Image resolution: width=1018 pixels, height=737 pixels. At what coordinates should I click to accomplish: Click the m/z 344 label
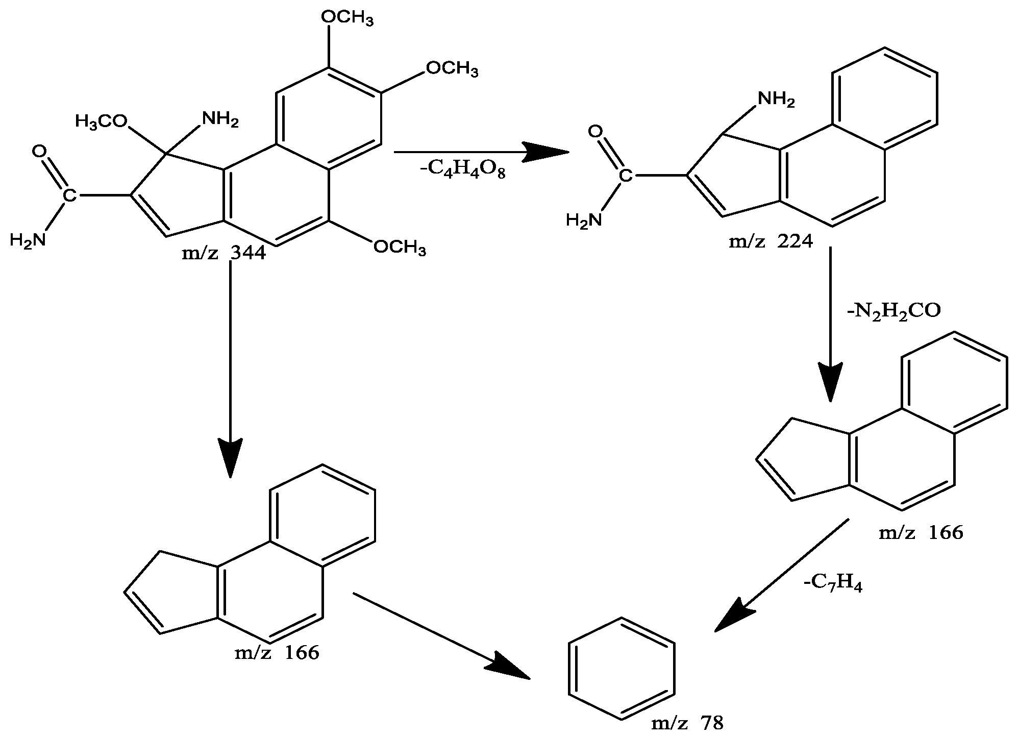(x=224, y=253)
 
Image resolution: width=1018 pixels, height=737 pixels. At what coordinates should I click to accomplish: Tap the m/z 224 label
(x=771, y=240)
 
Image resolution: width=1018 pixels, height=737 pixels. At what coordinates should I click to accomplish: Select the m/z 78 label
(x=687, y=723)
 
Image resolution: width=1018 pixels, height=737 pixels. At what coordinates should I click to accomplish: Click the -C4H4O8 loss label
(x=462, y=171)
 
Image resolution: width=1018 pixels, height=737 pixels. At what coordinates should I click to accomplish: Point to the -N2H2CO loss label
(x=893, y=311)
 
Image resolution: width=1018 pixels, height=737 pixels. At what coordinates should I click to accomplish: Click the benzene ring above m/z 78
(x=622, y=668)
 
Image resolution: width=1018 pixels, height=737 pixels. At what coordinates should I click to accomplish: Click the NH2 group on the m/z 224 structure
(x=776, y=99)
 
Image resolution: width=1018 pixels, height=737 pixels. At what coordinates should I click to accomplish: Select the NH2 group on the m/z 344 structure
(x=220, y=119)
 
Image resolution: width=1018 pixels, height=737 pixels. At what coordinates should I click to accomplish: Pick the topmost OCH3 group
(x=347, y=18)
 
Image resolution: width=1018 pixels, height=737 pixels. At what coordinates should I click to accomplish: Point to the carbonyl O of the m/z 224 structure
(x=594, y=132)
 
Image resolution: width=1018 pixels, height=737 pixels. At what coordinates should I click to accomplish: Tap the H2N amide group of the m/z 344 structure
(x=28, y=239)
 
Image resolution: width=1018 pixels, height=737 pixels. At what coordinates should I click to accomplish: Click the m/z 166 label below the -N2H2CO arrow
(x=921, y=533)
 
